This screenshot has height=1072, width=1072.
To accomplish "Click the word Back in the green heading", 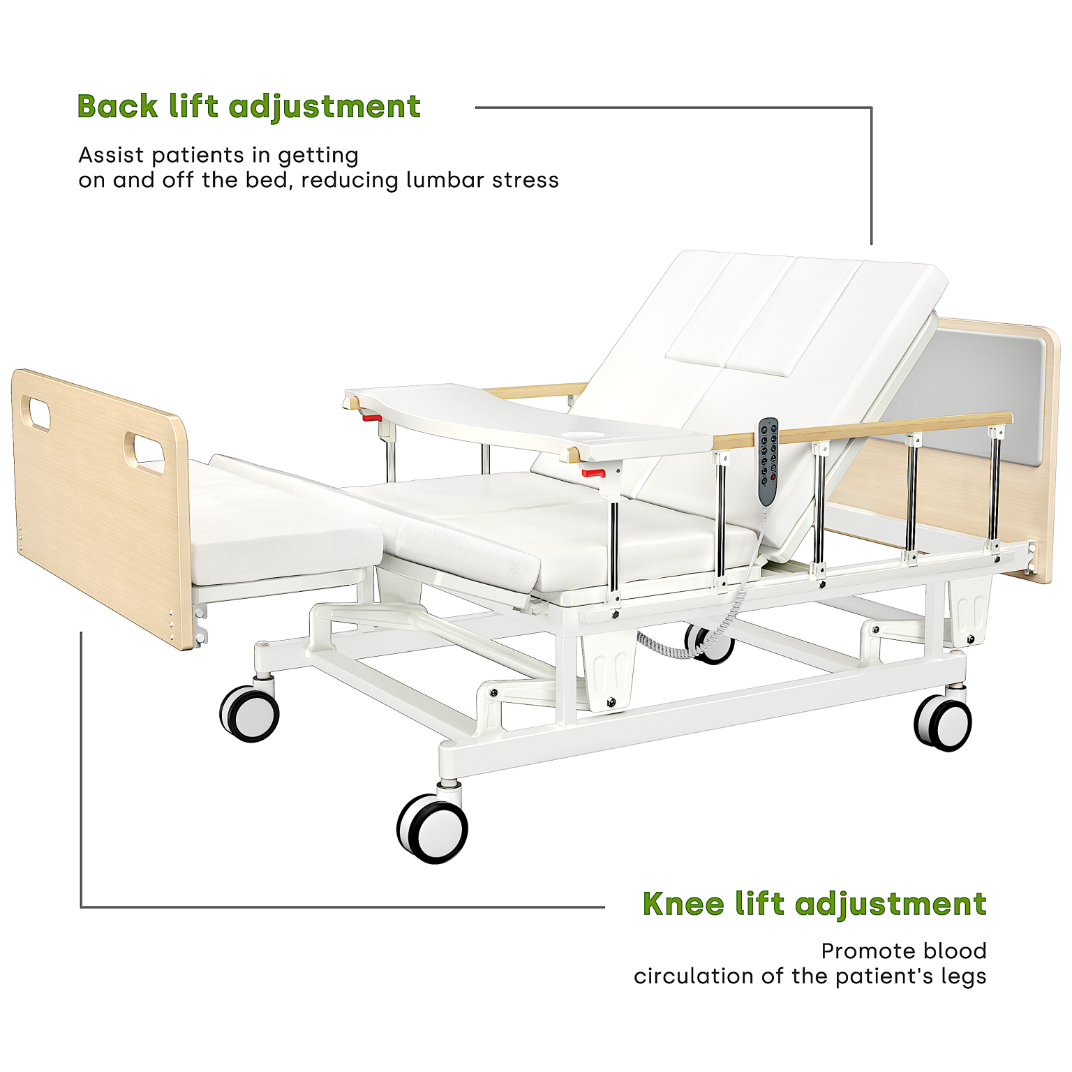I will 117,107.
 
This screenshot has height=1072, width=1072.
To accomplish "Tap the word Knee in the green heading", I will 683,904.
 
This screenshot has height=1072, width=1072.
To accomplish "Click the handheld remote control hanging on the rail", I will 768,461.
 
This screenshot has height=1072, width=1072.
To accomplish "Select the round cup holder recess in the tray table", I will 584,436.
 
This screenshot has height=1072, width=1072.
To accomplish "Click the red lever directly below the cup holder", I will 593,473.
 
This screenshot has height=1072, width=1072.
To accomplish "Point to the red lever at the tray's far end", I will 372,418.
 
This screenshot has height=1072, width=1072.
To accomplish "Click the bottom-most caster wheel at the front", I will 433,828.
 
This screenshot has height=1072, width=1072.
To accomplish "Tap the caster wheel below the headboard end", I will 943,722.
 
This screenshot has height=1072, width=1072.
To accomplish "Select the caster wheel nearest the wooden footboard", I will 249,713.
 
